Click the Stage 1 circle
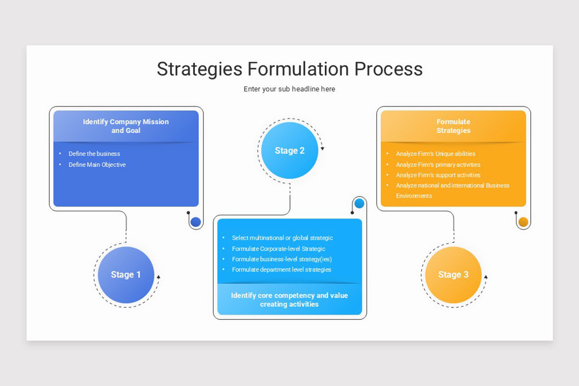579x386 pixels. click(x=126, y=275)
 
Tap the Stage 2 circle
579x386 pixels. click(x=289, y=151)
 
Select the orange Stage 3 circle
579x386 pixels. click(x=453, y=275)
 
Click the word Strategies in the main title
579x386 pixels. click(x=199, y=69)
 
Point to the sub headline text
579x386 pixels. click(x=289, y=89)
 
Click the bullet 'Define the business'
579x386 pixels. click(x=94, y=153)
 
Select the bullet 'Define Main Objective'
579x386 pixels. click(x=97, y=165)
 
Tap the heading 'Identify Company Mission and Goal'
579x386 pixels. click(x=126, y=126)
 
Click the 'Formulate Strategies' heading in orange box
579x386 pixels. click(x=453, y=126)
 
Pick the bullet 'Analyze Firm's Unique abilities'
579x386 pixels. click(x=435, y=153)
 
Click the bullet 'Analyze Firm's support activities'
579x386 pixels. click(x=438, y=175)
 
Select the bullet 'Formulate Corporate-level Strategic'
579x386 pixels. click(x=278, y=248)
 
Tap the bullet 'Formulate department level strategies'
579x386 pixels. click(x=281, y=269)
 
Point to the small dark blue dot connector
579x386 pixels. click(x=195, y=222)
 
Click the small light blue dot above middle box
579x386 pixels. click(x=359, y=204)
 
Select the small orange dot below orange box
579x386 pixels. click(x=523, y=222)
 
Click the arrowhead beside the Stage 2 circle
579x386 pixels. click(x=322, y=149)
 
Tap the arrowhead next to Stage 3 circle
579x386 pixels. click(x=485, y=277)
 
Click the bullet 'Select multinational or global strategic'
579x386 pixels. click(x=282, y=238)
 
